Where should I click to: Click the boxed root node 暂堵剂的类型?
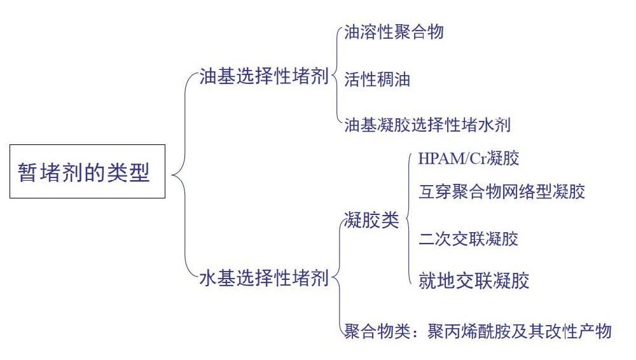[87, 172]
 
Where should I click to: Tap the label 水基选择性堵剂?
[263, 279]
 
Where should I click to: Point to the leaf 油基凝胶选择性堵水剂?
[427, 125]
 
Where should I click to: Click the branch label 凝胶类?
[371, 221]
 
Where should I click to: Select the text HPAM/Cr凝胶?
[469, 158]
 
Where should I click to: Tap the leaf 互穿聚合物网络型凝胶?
[502, 191]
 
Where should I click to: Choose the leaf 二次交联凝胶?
[469, 239]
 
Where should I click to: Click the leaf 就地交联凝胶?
[474, 280]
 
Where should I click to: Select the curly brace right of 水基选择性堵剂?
[337, 278]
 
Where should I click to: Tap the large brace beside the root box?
[180, 172]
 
